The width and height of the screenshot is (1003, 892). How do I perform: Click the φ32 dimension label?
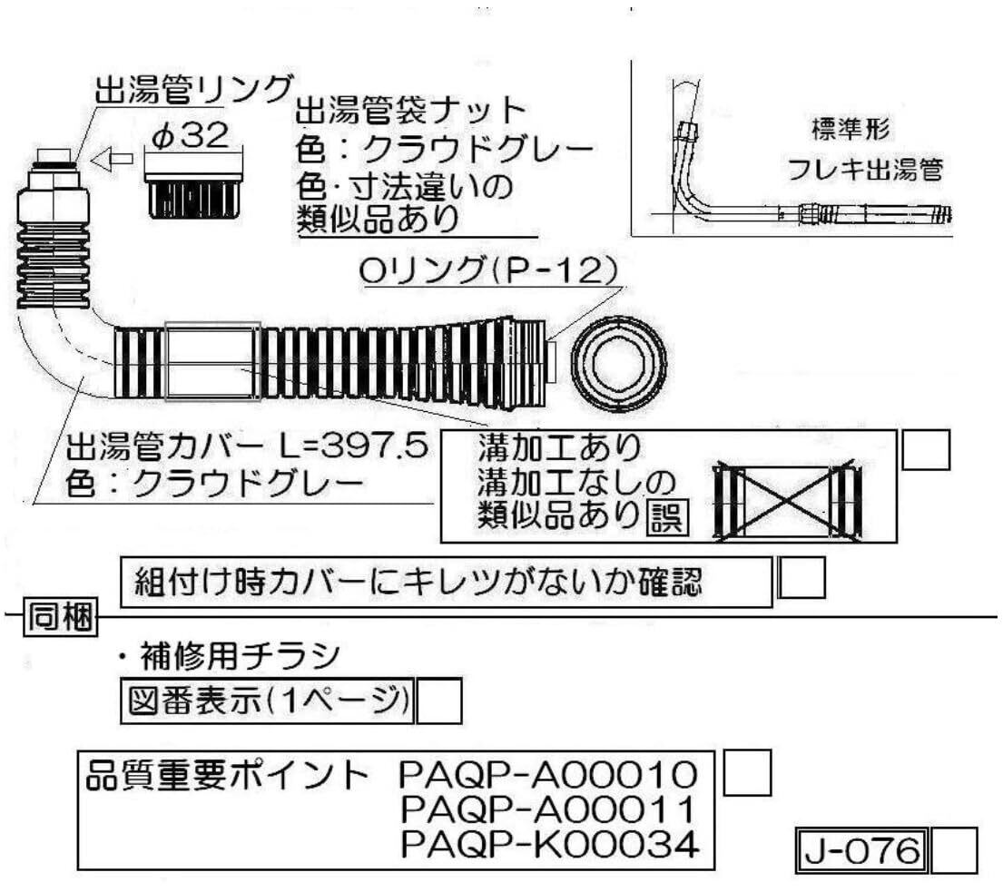coord(192,136)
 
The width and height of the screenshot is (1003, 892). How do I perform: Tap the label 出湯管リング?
coord(192,90)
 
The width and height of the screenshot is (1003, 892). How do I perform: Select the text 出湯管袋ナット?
coord(411,112)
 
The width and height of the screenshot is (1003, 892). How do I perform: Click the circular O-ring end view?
coord(620,361)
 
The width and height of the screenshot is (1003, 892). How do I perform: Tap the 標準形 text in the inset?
coord(851,129)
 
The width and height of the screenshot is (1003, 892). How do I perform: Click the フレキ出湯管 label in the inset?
coord(865,170)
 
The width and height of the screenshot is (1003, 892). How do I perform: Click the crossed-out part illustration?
coord(787,502)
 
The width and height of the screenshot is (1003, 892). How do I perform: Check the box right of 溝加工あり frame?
coord(926,451)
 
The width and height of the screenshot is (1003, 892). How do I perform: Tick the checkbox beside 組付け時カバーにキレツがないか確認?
coord(801,580)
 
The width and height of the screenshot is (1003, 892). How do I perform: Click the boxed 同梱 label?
coord(57,617)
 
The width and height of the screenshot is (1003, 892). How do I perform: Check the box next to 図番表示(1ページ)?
coord(439,701)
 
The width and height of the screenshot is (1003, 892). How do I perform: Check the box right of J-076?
coord(955,851)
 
